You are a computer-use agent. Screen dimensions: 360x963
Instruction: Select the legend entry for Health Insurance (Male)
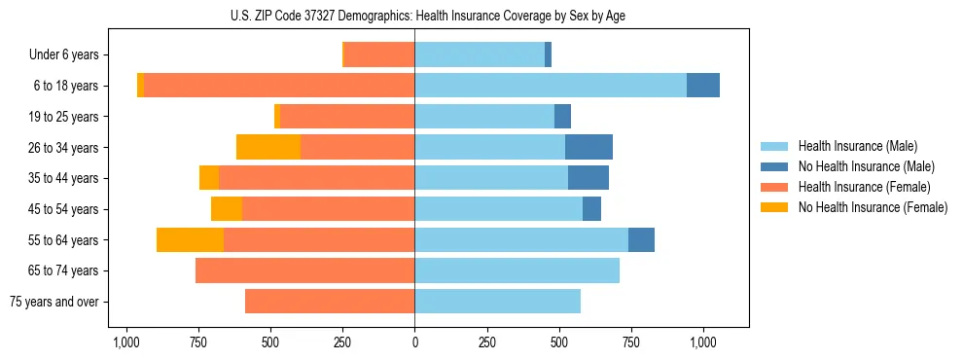(x=856, y=146)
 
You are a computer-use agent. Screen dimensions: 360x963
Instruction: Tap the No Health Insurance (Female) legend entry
(x=872, y=207)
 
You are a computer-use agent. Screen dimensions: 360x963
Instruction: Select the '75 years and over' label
(x=54, y=302)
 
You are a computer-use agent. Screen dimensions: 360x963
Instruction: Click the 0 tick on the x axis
(x=414, y=342)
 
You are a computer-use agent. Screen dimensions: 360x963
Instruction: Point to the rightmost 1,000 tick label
(x=703, y=342)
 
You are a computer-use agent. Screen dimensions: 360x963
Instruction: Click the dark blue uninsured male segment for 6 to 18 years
(x=703, y=86)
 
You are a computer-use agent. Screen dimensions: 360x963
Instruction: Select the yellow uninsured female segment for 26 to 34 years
(x=268, y=147)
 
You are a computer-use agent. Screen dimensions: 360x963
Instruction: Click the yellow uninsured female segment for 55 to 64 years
(x=190, y=239)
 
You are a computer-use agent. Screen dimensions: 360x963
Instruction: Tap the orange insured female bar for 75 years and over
(x=330, y=302)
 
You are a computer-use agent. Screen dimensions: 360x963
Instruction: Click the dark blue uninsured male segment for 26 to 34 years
(x=588, y=147)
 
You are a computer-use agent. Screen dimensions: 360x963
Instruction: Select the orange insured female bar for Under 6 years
(x=379, y=55)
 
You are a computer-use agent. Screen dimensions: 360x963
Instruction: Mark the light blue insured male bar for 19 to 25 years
(x=484, y=117)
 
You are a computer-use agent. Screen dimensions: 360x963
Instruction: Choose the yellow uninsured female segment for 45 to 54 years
(x=227, y=209)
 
